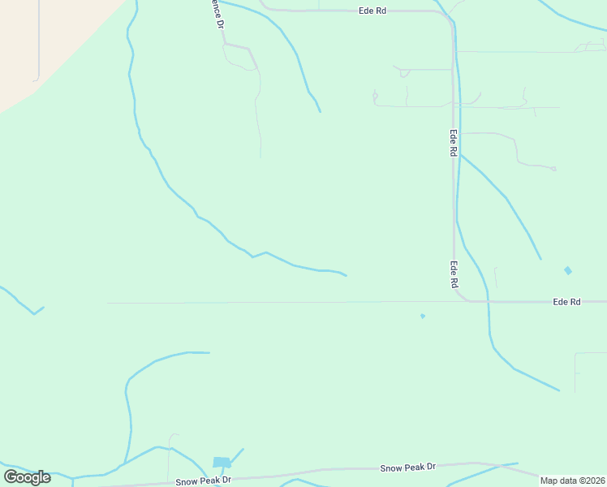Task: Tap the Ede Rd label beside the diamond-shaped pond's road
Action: [566, 301]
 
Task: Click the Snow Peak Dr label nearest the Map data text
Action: [408, 468]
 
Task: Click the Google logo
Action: [27, 476]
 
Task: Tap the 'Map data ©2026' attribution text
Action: [572, 481]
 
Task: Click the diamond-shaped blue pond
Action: [567, 270]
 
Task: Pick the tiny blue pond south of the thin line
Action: [423, 316]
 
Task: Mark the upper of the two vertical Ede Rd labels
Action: [454, 143]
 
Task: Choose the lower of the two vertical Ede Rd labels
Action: [454, 274]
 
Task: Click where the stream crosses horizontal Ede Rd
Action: [489, 301]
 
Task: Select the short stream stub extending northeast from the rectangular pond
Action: [236, 455]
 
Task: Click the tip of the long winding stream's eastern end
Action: [347, 276]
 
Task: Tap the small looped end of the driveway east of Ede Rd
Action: [553, 169]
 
